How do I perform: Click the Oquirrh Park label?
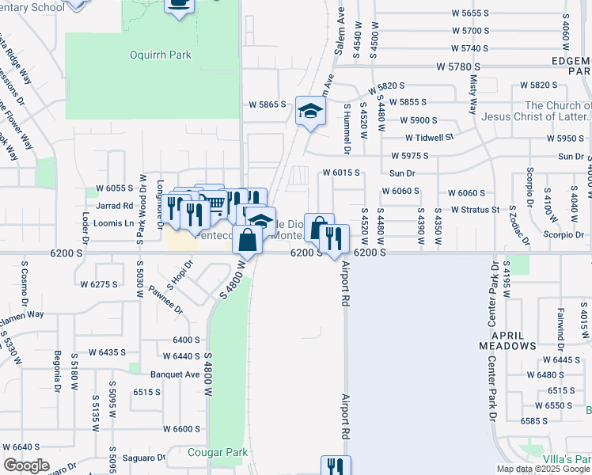click(x=161, y=55)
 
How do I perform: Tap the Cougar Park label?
click(x=218, y=453)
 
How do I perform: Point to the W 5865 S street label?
click(x=267, y=104)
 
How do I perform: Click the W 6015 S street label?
click(x=341, y=173)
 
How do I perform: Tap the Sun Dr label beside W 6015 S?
click(x=402, y=173)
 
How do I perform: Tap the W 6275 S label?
click(x=100, y=283)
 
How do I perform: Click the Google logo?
click(x=27, y=465)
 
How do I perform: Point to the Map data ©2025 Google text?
click(x=543, y=469)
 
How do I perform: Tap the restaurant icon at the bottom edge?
click(x=335, y=466)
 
